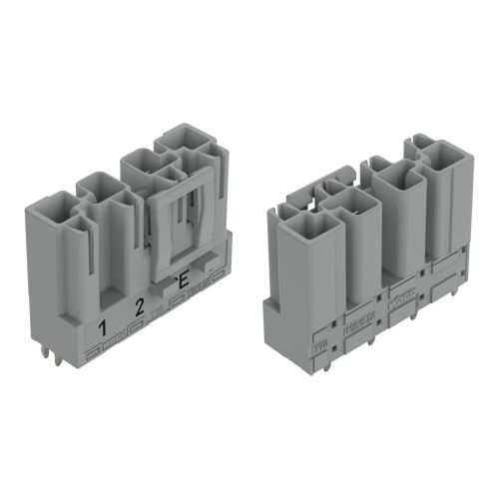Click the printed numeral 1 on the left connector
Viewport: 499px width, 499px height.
pyautogui.click(x=102, y=326)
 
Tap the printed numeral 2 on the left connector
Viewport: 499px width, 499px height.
pyautogui.click(x=140, y=307)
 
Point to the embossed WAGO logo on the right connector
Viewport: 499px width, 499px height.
pyautogui.click(x=402, y=298)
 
